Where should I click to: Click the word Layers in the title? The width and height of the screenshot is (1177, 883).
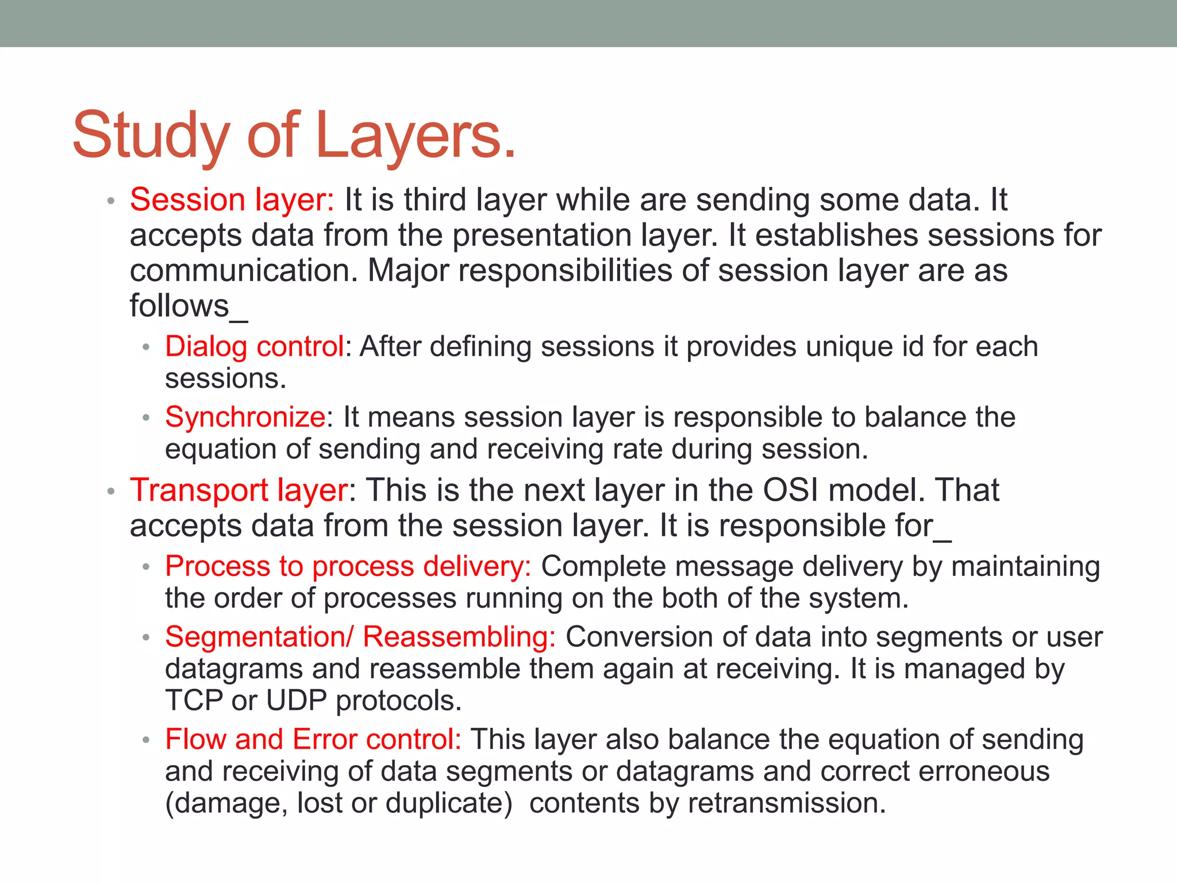pos(415,136)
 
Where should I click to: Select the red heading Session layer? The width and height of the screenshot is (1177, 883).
pos(232,200)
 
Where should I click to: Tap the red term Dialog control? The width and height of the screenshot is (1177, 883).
pos(255,347)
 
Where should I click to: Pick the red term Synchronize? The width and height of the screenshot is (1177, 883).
pos(245,417)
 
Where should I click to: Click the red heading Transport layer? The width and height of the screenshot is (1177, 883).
pos(239,490)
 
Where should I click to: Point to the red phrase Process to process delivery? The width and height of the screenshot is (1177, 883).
pos(348,566)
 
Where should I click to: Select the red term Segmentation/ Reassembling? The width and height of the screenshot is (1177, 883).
pos(360,637)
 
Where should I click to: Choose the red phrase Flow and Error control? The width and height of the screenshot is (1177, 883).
pos(313,739)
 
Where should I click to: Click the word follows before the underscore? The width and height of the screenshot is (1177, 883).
pos(179,306)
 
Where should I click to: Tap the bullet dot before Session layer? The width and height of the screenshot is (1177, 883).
pos(111,201)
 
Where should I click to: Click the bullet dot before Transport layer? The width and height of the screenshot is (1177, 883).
pos(111,492)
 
